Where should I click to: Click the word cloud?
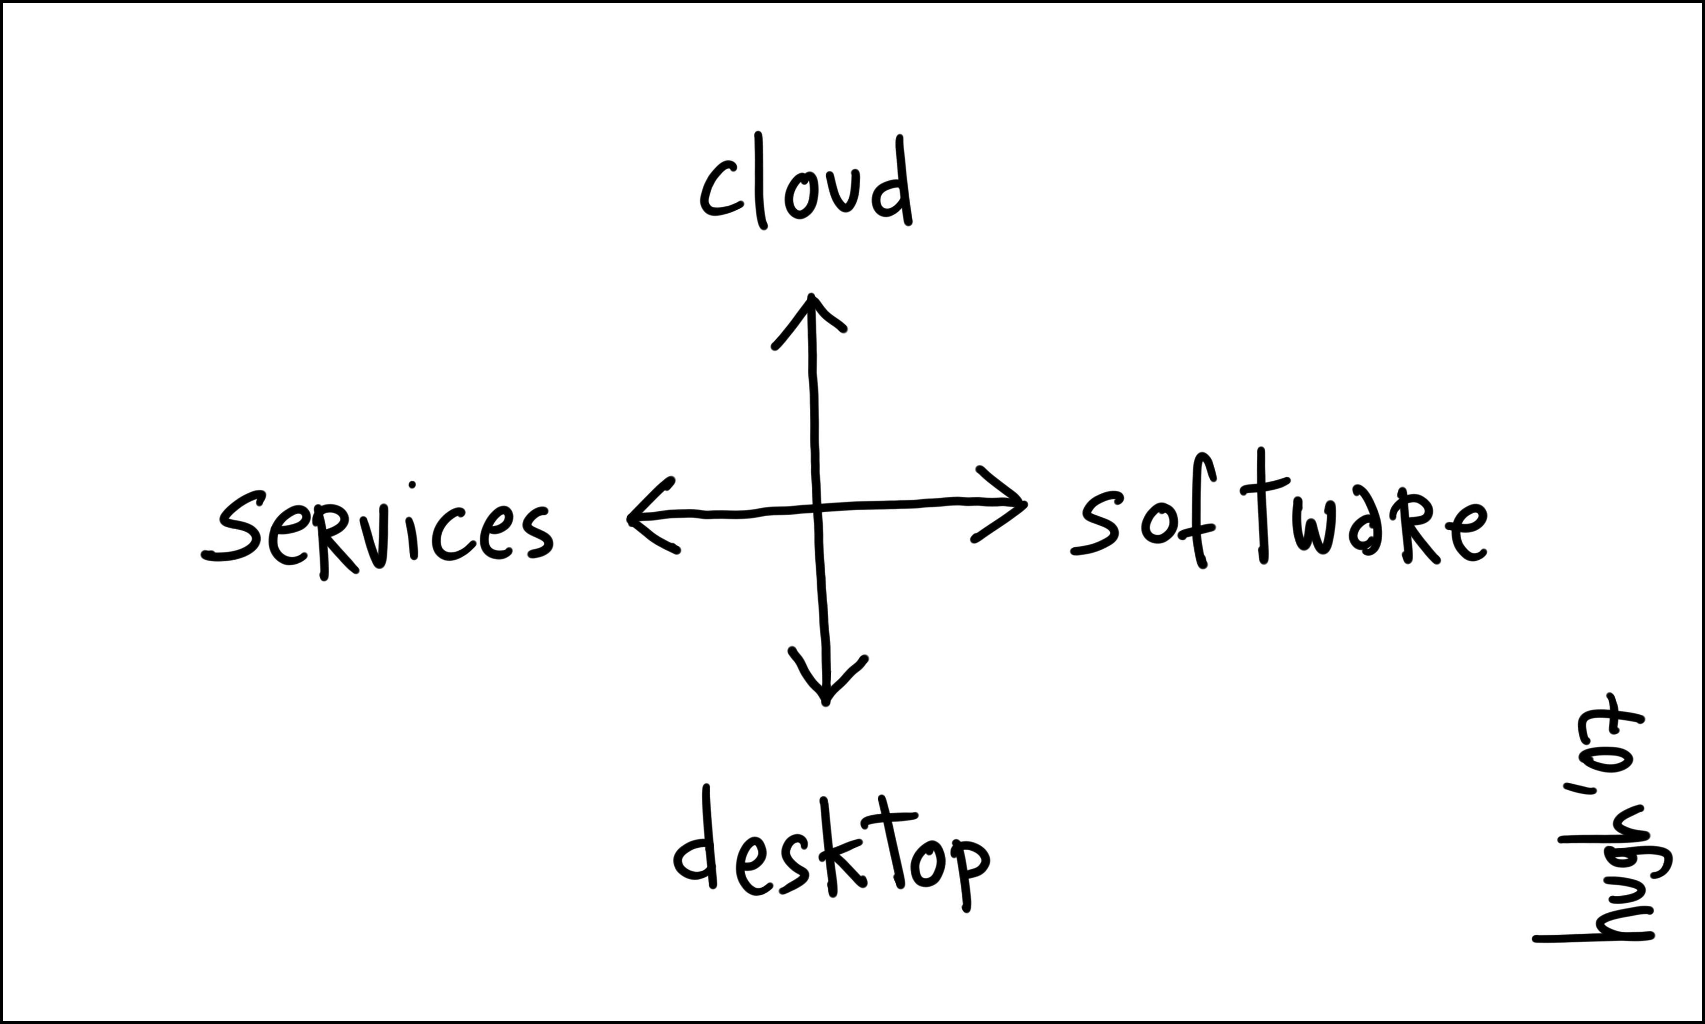coord(805,185)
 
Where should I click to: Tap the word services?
coord(378,530)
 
